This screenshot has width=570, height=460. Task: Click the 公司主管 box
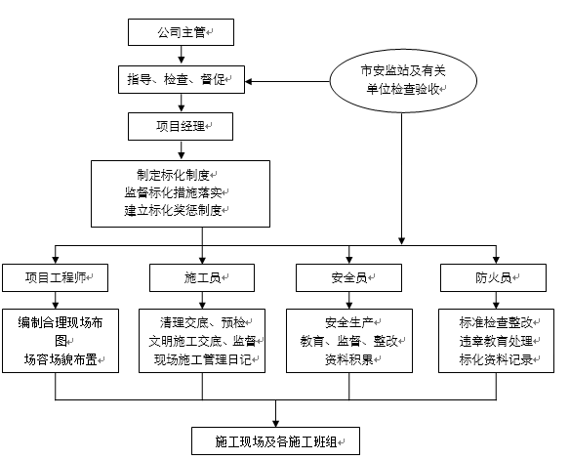click(181, 32)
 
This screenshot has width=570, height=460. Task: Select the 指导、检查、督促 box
click(182, 80)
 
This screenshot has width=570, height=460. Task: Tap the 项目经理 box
click(181, 127)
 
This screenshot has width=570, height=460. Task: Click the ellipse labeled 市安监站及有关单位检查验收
click(403, 81)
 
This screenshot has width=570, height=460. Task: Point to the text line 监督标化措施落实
click(173, 192)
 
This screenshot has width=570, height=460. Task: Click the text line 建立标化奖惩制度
click(173, 210)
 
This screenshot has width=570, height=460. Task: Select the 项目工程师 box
click(56, 277)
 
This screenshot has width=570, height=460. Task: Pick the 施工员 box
click(202, 277)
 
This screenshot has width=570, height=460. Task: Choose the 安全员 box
click(348, 277)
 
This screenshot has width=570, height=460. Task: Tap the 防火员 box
click(493, 277)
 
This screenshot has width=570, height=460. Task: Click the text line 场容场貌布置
click(61, 359)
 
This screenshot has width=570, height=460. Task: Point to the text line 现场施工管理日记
click(202, 359)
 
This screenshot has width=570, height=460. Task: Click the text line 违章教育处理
click(496, 341)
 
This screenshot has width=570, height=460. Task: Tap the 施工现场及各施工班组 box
click(275, 441)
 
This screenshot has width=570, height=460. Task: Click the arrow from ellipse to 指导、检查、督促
click(287, 81)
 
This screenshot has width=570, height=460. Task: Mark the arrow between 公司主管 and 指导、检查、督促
click(182, 55)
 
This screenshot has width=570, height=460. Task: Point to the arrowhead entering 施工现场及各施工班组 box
click(275, 423)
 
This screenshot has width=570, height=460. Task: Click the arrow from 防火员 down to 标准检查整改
click(496, 301)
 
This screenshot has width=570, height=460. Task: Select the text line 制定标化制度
click(173, 175)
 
